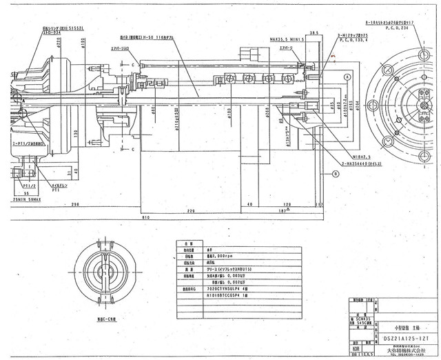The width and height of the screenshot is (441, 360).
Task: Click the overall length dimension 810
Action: coord(144,218)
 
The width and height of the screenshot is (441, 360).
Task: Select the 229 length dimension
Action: coord(191,211)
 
